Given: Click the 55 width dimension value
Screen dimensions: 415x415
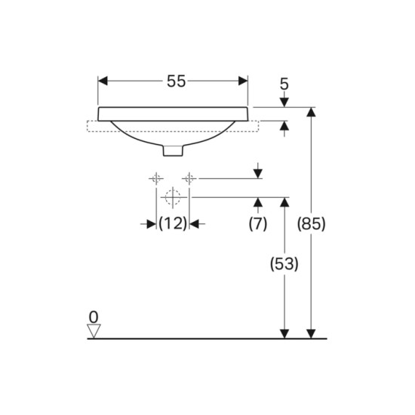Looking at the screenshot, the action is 177,81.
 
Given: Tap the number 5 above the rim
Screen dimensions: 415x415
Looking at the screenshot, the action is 284,85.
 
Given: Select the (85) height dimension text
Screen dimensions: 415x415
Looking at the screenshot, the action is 311,224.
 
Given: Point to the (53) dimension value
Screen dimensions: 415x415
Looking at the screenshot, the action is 284,264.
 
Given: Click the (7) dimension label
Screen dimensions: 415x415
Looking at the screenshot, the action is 258,224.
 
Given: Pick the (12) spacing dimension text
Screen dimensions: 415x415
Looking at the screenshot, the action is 173,223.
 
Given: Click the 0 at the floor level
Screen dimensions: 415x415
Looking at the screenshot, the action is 94,317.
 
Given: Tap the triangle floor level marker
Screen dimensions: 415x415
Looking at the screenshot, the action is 94,330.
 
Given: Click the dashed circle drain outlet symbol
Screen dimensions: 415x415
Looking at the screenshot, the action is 173,198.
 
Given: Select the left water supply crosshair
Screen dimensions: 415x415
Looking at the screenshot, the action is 156,178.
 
